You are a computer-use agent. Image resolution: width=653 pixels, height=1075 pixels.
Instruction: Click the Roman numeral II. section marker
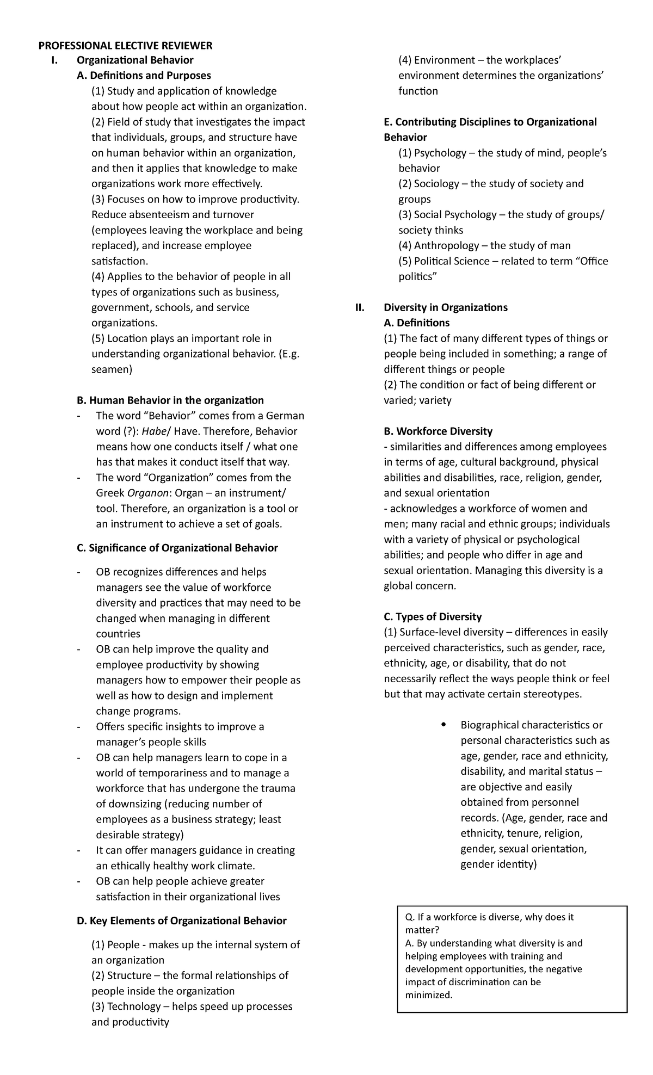point(359,308)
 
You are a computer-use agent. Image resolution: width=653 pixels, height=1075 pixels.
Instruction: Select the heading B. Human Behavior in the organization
point(170,400)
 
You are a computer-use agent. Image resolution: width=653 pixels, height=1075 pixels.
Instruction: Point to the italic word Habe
point(154,431)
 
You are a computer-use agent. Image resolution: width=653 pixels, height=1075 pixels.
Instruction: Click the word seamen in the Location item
point(112,369)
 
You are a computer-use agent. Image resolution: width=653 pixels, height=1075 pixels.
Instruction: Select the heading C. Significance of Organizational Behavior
point(177,548)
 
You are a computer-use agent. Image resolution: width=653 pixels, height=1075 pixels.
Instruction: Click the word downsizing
point(134,804)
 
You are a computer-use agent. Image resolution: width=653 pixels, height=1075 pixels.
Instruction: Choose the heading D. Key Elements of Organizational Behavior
point(182,920)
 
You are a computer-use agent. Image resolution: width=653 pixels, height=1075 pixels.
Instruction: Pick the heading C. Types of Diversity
point(433,617)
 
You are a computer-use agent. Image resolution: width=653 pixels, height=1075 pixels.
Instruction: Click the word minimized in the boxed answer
point(429,995)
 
